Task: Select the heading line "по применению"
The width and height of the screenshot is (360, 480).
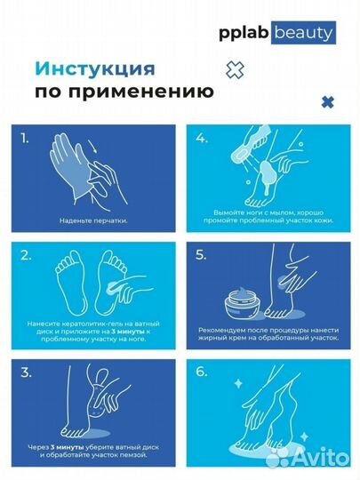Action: [123, 91]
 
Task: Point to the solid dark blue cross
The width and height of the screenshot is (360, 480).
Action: [327, 103]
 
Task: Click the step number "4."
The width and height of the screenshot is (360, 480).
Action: [204, 138]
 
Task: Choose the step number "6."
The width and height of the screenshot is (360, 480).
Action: [204, 371]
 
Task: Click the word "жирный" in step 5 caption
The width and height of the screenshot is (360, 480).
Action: [220, 338]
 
